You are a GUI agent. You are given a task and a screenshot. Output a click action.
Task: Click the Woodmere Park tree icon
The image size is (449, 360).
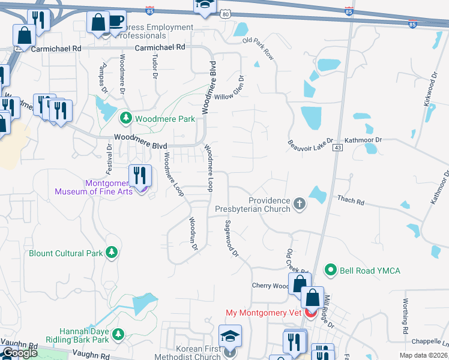pos(126,118)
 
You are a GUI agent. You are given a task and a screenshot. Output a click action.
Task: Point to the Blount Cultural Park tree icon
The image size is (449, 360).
pos(110,253)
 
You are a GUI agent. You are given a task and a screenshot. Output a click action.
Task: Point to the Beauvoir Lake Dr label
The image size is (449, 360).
pos(310,146)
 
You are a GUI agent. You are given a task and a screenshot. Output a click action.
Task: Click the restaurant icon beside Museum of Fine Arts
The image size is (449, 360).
pos(140,175)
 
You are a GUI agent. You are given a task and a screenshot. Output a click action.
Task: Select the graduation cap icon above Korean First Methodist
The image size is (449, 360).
pos(230,337)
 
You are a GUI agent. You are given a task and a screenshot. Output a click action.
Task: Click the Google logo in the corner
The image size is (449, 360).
pos(20,353)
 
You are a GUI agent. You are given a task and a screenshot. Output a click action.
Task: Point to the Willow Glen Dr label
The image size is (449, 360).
pos(231,88)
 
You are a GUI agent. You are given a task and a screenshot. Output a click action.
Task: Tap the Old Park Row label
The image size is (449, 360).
pos(258,49)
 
